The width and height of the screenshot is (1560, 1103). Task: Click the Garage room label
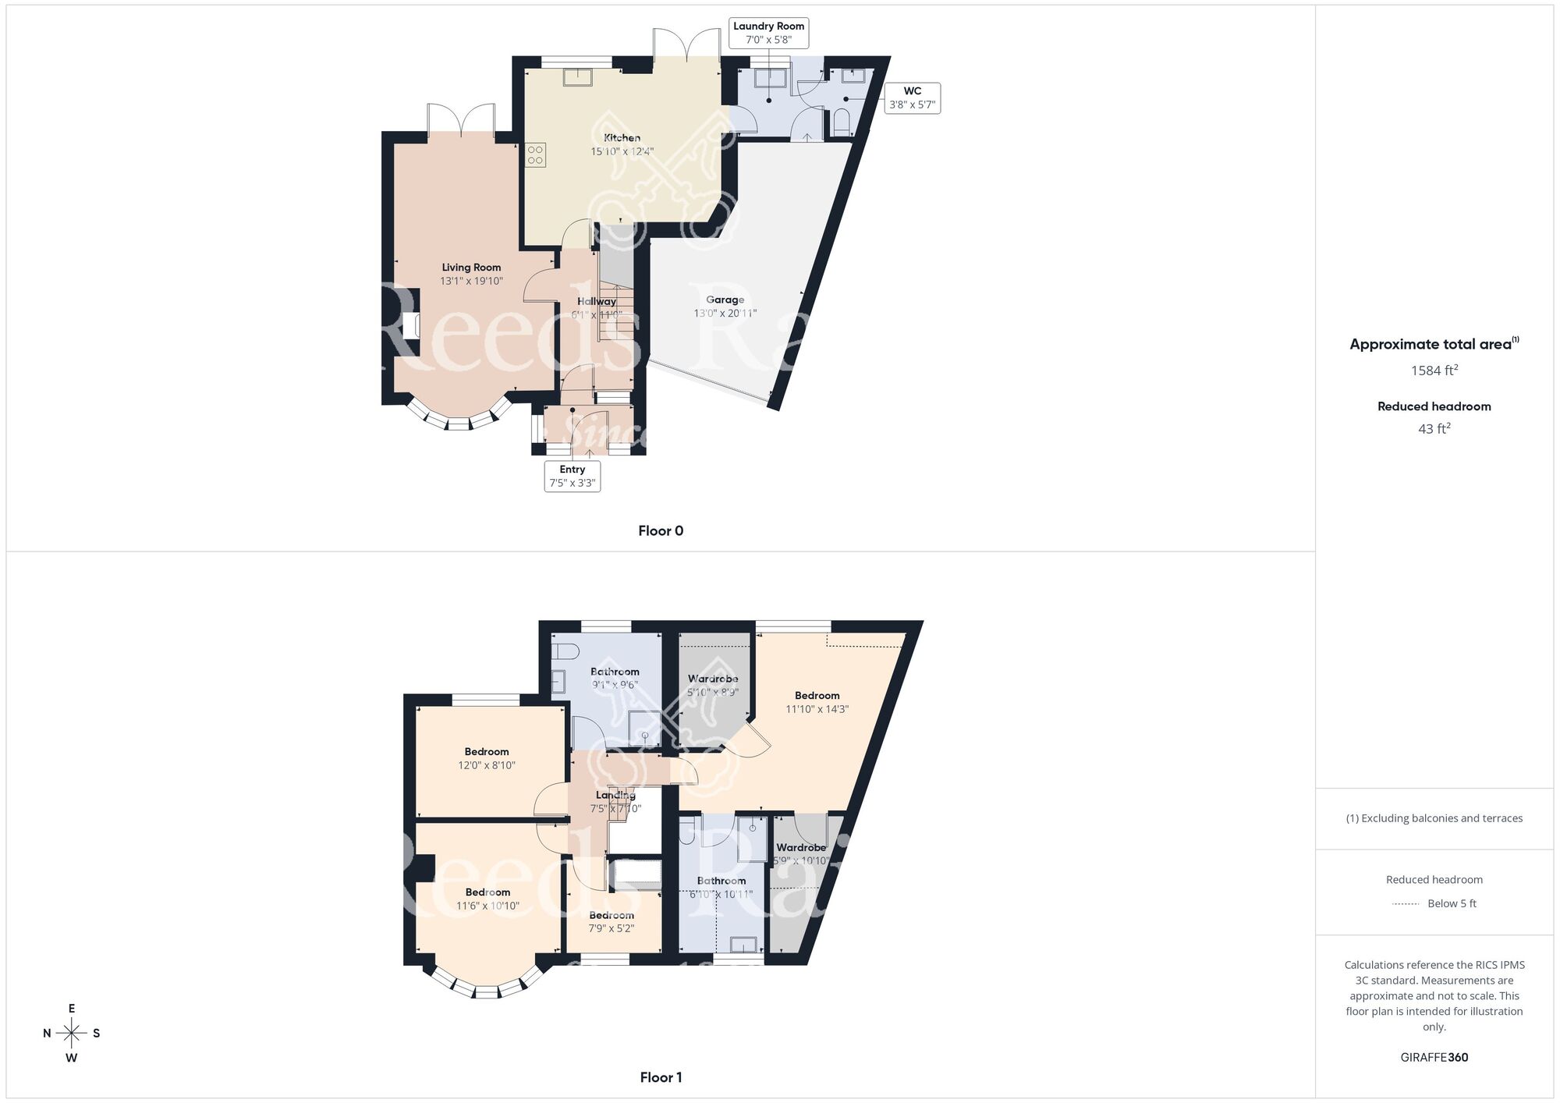tap(725, 300)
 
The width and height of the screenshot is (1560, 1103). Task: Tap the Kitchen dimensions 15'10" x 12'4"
tap(622, 151)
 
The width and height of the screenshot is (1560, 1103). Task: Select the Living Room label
tap(471, 268)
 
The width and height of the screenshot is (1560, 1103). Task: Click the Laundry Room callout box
tap(768, 33)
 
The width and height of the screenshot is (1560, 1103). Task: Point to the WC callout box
tap(912, 98)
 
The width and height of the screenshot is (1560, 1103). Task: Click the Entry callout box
tap(572, 476)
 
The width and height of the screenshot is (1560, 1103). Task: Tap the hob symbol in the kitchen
tap(535, 154)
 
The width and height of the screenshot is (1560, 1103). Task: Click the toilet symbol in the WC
tap(841, 122)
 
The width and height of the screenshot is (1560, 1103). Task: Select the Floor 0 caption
tap(661, 530)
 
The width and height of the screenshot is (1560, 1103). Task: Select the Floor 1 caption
tap(661, 1077)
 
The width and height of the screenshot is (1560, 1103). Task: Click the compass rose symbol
tap(72, 1034)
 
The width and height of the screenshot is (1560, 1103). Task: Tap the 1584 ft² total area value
tap(1434, 371)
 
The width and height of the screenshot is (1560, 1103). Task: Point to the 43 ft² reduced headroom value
tap(1434, 428)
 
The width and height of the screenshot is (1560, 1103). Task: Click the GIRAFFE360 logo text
tap(1434, 1057)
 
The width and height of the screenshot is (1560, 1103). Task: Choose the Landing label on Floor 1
tap(615, 795)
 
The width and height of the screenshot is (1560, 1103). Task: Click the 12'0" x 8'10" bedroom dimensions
tap(487, 765)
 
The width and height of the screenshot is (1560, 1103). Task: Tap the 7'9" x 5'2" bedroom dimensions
tap(612, 928)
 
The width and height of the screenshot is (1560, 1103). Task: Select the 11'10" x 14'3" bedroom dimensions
tap(817, 709)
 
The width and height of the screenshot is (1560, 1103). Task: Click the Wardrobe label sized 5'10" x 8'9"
tap(713, 679)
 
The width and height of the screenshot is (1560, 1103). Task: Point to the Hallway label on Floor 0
tap(597, 301)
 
